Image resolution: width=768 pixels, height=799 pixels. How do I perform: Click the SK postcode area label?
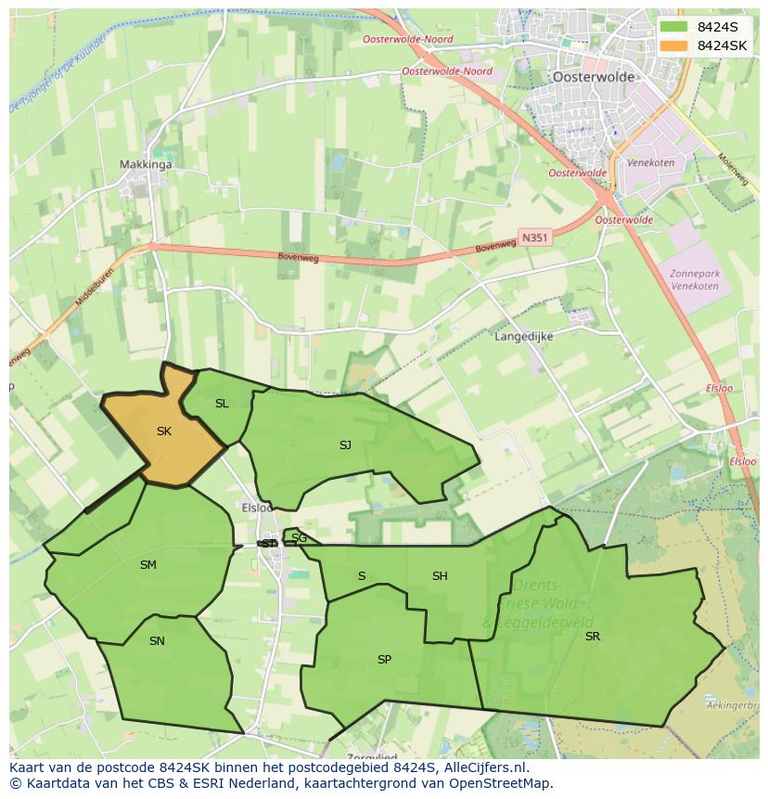click(x=164, y=432)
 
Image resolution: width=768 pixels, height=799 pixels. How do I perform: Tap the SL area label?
click(x=222, y=404)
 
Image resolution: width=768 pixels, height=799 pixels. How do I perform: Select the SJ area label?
click(x=345, y=445)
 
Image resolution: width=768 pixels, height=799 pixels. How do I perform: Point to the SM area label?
click(x=148, y=565)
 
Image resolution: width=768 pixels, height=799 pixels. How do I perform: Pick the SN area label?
click(x=157, y=640)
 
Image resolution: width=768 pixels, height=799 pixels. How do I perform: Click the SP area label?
click(x=384, y=660)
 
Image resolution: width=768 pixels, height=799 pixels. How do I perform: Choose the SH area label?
click(x=440, y=576)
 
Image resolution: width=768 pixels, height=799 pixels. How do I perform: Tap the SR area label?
click(x=593, y=637)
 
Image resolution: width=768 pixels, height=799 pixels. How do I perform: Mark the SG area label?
click(x=299, y=538)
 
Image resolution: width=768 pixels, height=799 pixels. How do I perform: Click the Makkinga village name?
click(x=146, y=165)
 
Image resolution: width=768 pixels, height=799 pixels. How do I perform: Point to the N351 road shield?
click(x=534, y=238)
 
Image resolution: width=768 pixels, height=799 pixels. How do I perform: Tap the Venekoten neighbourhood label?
click(x=650, y=163)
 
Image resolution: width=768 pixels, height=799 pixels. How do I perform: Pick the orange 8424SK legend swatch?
click(x=674, y=45)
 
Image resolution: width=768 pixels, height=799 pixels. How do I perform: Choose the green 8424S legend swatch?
click(x=674, y=27)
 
